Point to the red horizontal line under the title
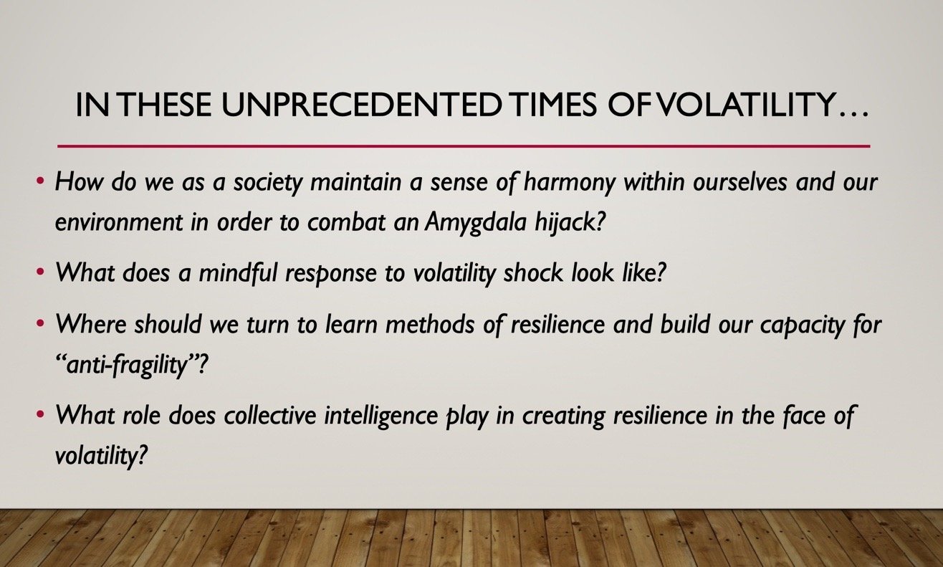464,146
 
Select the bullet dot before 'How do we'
40,181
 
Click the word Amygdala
475,223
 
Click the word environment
119,223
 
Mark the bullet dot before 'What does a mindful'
40,272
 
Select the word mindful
238,273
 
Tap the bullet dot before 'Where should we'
40,323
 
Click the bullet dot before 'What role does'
40,414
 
